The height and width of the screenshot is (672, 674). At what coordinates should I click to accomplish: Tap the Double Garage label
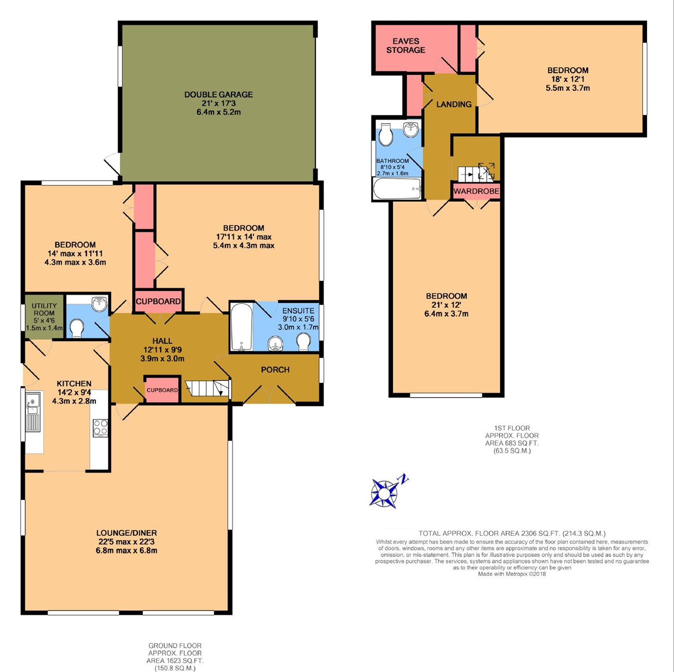(x=218, y=94)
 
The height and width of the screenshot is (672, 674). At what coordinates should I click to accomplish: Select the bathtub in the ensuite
(x=241, y=327)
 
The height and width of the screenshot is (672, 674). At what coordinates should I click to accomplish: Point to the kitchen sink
(x=33, y=412)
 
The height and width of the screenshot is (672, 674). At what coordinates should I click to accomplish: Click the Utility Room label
(x=44, y=309)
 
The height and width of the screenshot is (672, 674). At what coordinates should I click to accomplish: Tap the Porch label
(x=275, y=370)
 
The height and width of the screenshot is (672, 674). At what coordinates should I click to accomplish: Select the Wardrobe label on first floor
(x=476, y=191)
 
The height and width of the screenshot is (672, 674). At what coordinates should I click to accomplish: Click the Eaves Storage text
(x=406, y=46)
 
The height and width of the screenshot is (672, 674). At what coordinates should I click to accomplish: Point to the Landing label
(x=454, y=104)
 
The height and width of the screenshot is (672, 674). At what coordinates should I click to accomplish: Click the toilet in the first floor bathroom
(x=386, y=134)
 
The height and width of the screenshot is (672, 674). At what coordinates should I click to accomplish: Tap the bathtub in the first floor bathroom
(x=397, y=189)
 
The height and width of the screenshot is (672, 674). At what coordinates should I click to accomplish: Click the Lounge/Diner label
(x=127, y=533)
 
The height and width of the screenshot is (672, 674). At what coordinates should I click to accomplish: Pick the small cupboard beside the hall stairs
(x=162, y=390)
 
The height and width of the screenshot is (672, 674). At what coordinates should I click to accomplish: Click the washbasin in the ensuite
(x=275, y=344)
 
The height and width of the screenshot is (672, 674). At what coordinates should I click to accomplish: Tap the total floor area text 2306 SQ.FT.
(x=512, y=533)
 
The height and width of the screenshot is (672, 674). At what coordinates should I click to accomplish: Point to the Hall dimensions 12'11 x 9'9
(x=162, y=350)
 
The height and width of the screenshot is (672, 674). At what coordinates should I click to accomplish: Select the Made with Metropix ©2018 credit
(x=512, y=574)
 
